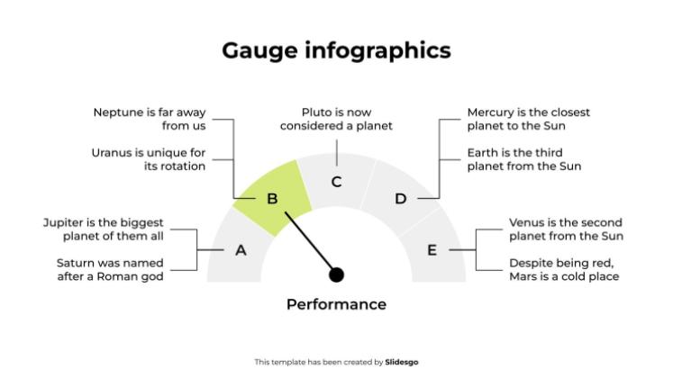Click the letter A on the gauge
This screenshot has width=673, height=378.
241,250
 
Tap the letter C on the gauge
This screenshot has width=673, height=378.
336,182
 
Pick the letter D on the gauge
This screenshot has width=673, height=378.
401,199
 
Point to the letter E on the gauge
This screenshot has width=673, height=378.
432,250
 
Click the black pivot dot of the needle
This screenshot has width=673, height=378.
337,274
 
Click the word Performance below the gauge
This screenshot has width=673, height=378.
336,304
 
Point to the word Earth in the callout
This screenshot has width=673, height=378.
483,152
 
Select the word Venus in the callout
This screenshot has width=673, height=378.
526,222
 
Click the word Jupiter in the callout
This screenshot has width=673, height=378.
64,222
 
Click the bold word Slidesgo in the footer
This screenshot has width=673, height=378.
402,362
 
